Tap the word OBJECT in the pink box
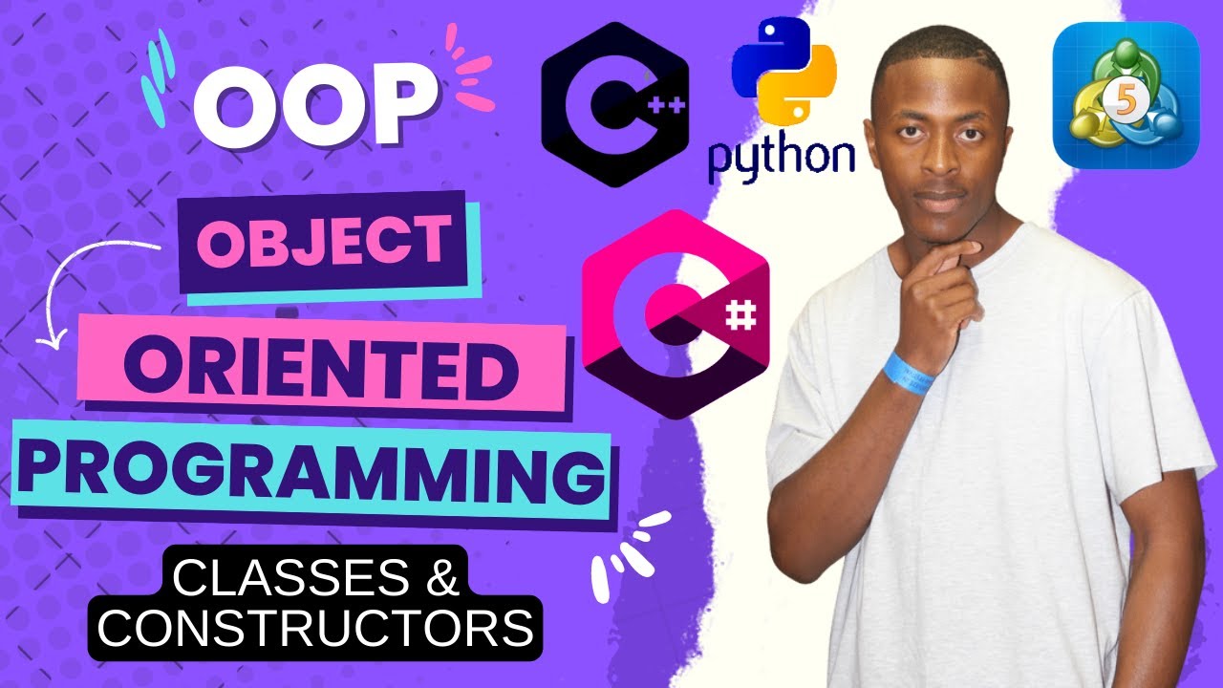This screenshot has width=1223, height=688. coord(324,242)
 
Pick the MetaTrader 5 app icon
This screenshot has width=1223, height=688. coord(1126,96)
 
